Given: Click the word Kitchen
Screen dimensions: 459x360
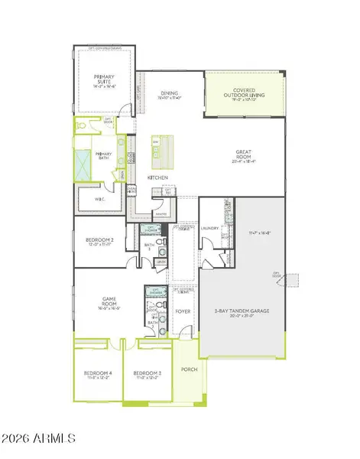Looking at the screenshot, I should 157,177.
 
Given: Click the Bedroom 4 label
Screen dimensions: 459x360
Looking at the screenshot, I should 97,375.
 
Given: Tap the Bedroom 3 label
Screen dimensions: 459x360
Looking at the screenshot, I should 147,375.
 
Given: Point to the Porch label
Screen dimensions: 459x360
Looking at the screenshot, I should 190,369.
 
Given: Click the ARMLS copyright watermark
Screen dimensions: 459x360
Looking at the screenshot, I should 38,438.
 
